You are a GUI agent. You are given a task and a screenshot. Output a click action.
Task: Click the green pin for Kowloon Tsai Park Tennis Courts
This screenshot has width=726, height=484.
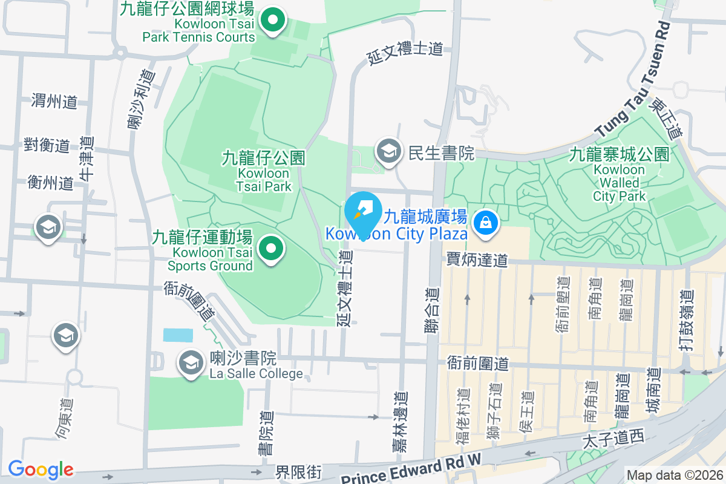[273, 21]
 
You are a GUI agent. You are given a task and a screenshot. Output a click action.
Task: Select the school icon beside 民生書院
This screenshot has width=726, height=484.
[388, 152]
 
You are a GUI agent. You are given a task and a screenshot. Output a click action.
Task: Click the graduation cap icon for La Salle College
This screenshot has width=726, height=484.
[191, 363]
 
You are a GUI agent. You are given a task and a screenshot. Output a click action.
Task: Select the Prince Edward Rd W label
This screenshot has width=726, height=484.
[411, 470]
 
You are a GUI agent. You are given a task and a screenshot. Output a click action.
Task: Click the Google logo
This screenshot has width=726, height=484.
[41, 469]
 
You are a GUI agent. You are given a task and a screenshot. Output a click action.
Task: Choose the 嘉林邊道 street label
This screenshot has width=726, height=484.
[400, 422]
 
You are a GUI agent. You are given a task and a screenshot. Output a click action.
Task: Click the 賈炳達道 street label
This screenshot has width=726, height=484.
[477, 260]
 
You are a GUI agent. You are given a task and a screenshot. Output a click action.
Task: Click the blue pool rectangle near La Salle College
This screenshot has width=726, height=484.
[178, 335]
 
